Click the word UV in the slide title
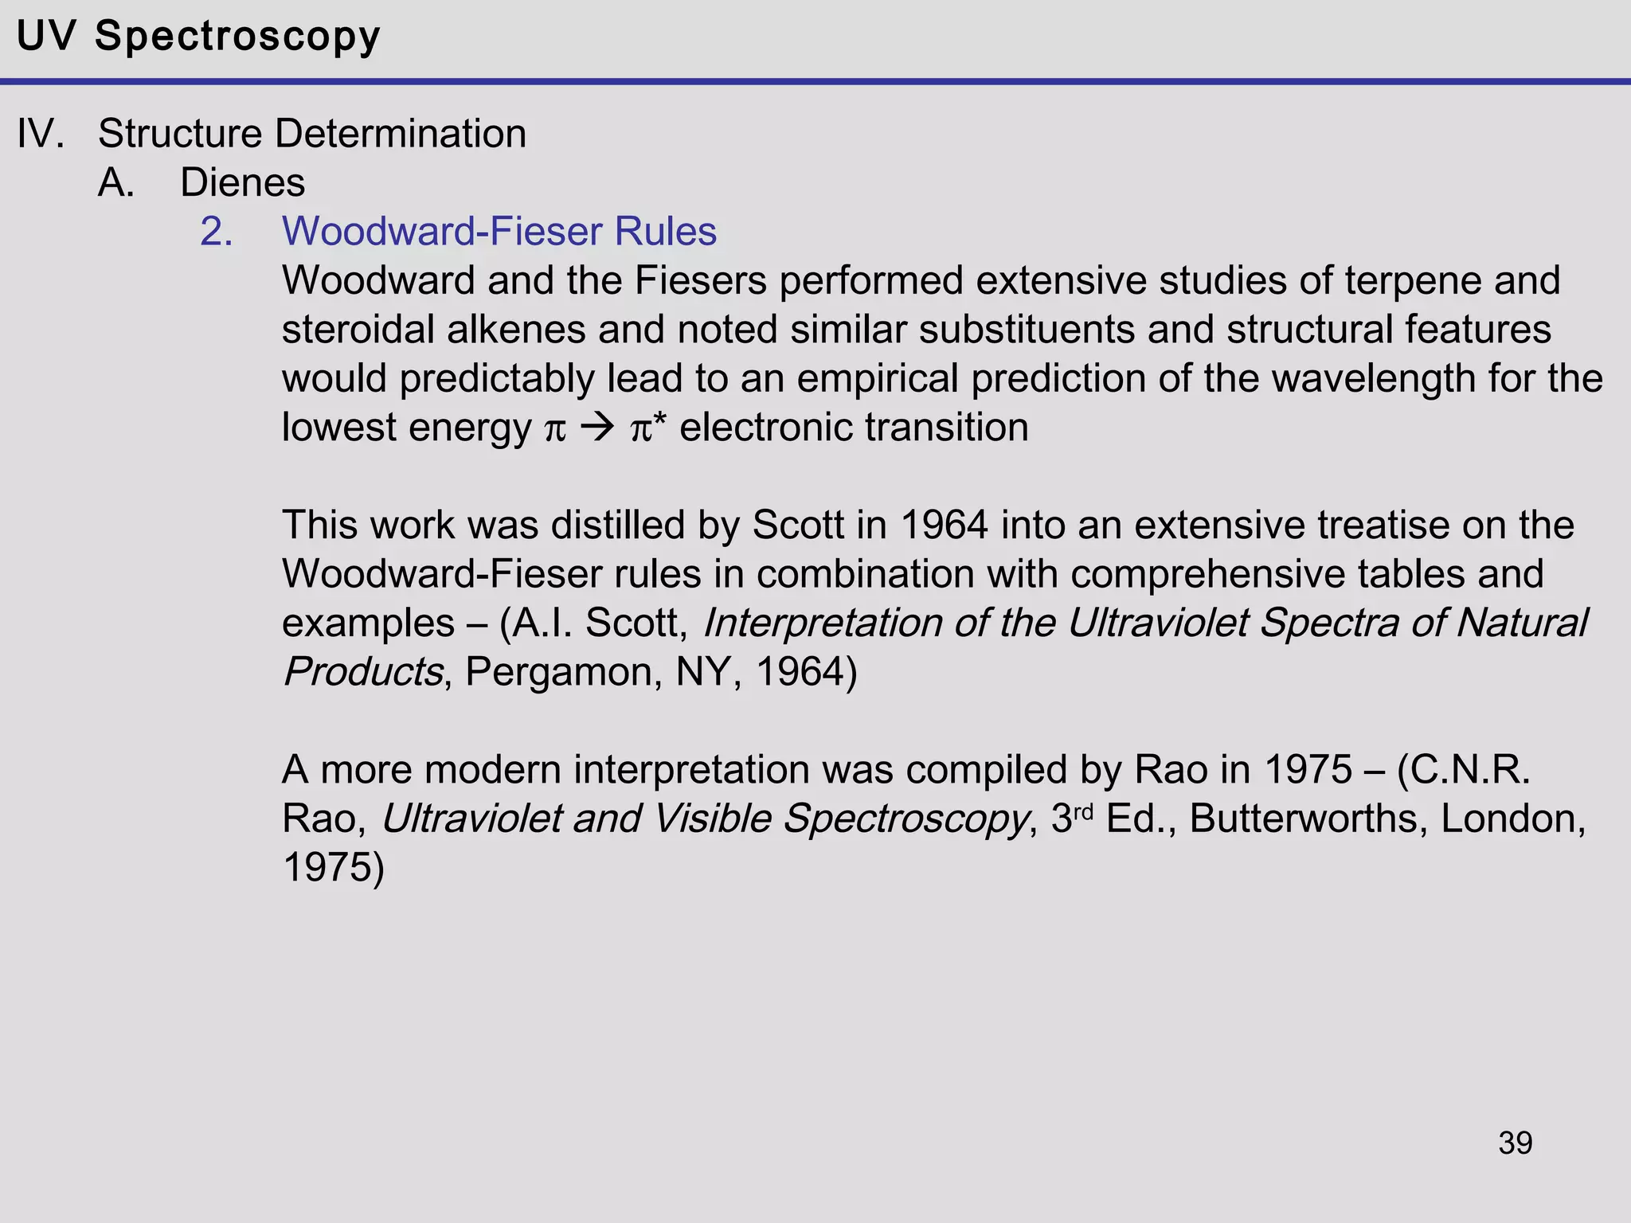46,37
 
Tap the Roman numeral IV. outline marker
40,134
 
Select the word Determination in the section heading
400,134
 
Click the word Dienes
242,183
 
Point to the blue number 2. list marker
216,232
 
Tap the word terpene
1413,281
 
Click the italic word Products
362,672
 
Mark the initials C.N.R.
1464,770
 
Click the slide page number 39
1515,1143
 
